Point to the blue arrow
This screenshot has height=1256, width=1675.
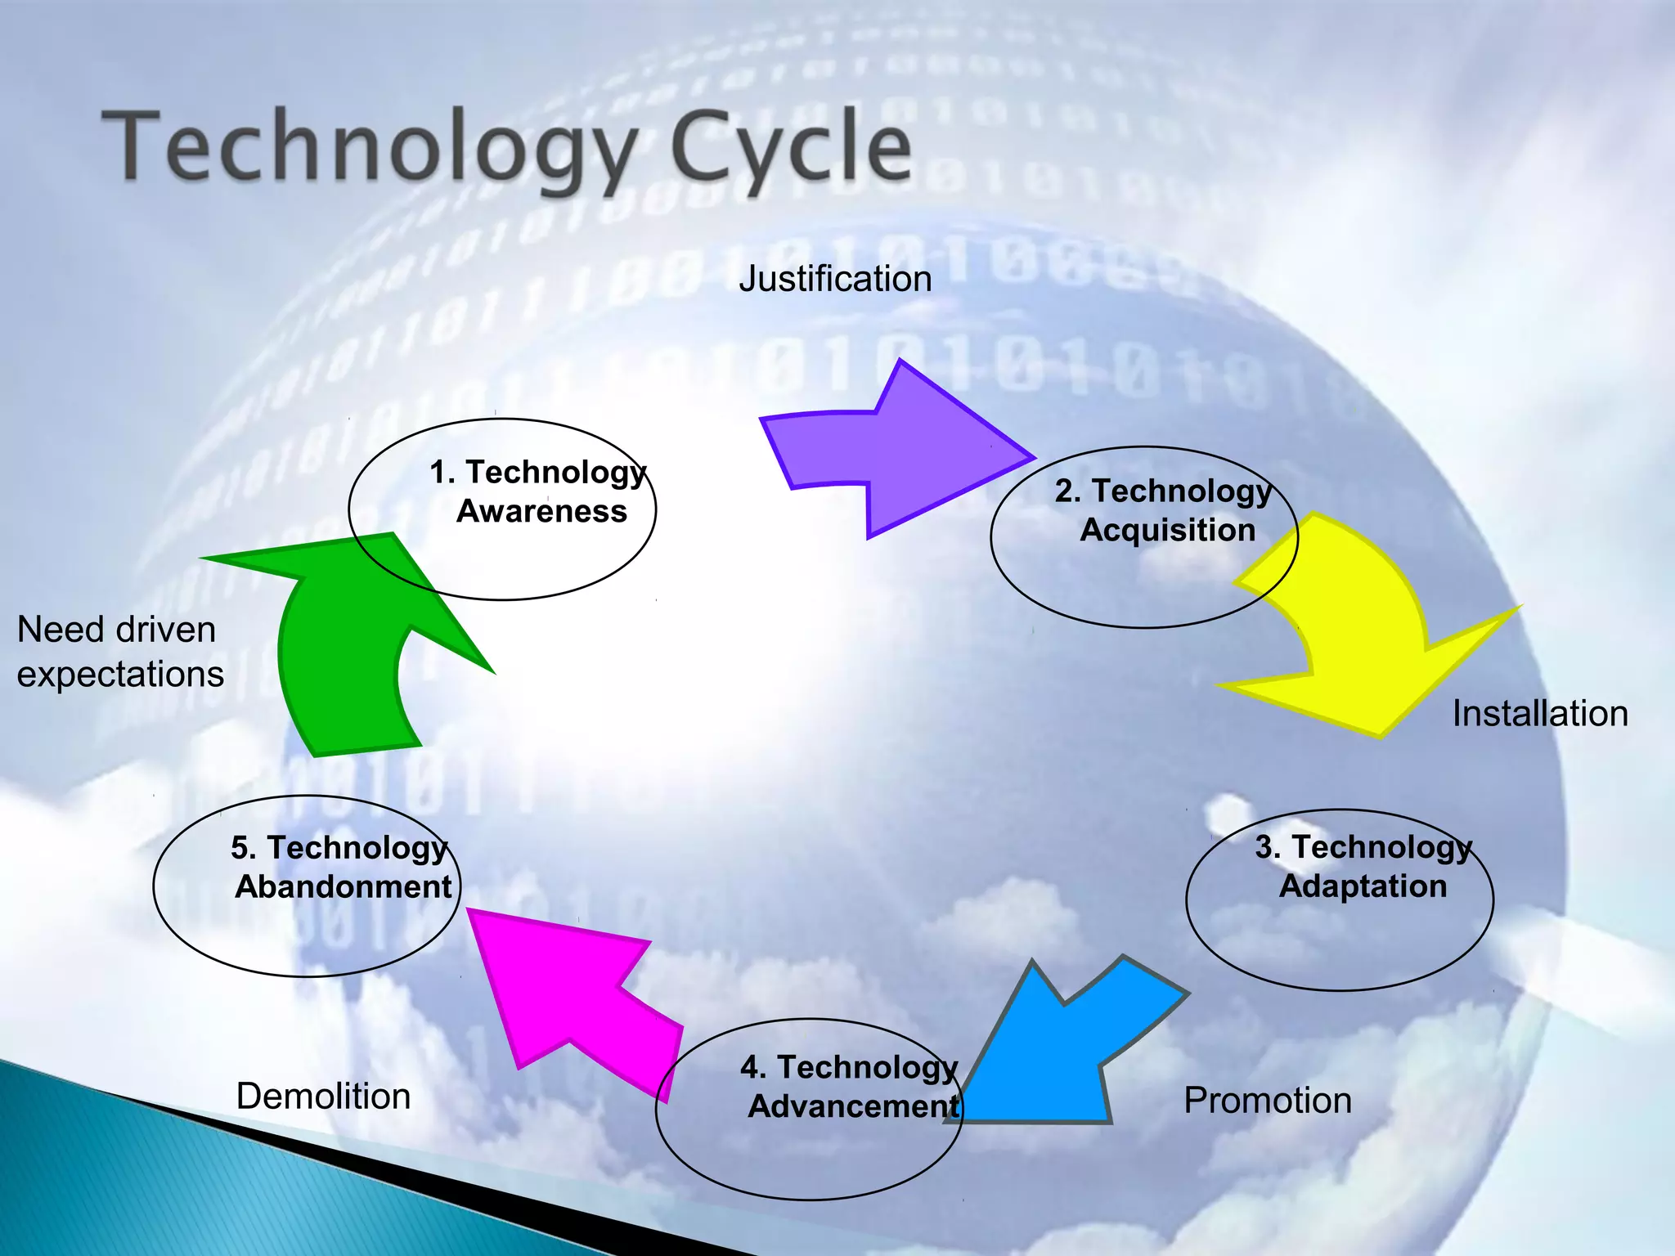[x=1055, y=1055]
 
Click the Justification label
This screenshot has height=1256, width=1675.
[x=835, y=279]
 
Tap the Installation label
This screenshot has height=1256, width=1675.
[x=1540, y=714]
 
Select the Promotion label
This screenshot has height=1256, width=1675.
[x=1268, y=1101]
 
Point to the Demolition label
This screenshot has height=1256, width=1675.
[x=323, y=1097]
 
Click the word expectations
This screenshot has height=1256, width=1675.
[x=120, y=675]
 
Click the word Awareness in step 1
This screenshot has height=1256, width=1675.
[x=541, y=511]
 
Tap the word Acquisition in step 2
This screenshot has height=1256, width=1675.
[x=1167, y=530]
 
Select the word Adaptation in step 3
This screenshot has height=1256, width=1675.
[x=1363, y=886]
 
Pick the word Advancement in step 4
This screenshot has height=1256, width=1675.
[x=853, y=1106]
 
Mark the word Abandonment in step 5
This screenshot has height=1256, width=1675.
[x=344, y=887]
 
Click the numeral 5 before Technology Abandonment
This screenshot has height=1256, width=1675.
[x=240, y=848]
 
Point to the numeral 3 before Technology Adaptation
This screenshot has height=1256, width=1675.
[x=1264, y=847]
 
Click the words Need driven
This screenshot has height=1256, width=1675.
[x=116, y=630]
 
